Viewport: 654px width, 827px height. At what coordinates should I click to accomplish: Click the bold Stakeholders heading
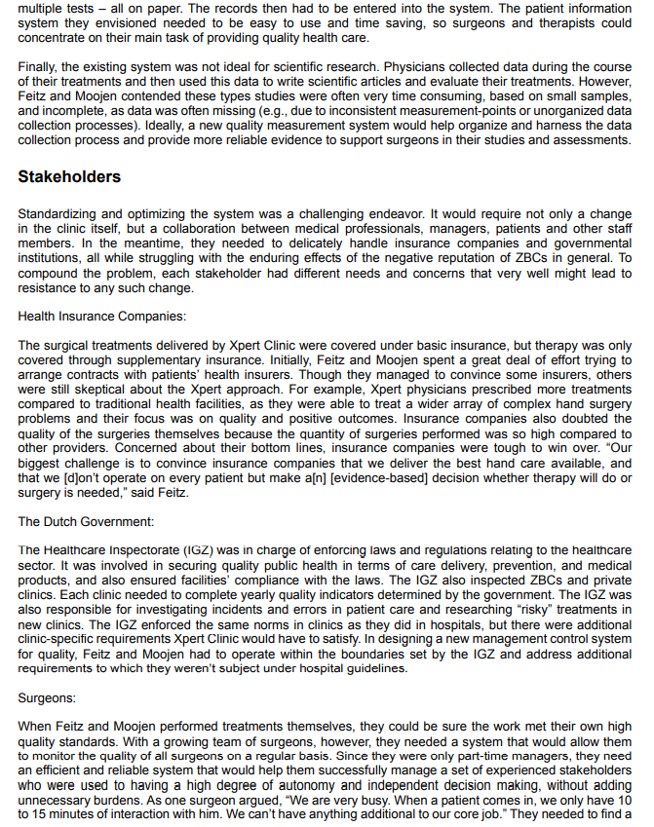(x=69, y=177)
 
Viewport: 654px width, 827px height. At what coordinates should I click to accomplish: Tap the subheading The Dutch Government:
(x=85, y=522)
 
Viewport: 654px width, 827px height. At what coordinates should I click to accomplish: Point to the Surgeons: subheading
(x=47, y=698)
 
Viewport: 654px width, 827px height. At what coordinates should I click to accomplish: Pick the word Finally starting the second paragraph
(x=38, y=67)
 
